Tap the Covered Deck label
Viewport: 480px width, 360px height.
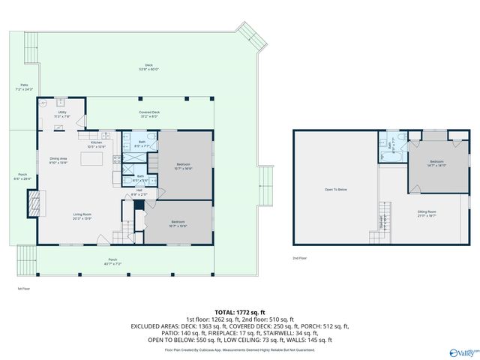coord(149,113)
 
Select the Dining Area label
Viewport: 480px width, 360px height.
coord(58,160)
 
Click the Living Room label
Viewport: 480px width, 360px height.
coord(82,217)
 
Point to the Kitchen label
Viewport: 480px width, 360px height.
coord(97,144)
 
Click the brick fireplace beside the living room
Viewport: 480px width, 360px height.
coord(34,203)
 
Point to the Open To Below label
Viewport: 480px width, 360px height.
coord(335,190)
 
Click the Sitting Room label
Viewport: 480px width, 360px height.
coord(427,214)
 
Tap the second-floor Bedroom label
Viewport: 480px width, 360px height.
coord(436,163)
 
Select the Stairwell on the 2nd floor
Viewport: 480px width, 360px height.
coord(384,222)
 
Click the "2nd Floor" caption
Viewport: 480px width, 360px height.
coord(300,258)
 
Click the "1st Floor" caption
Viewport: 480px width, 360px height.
coord(24,288)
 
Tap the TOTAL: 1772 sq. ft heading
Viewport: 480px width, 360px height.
coord(240,311)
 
